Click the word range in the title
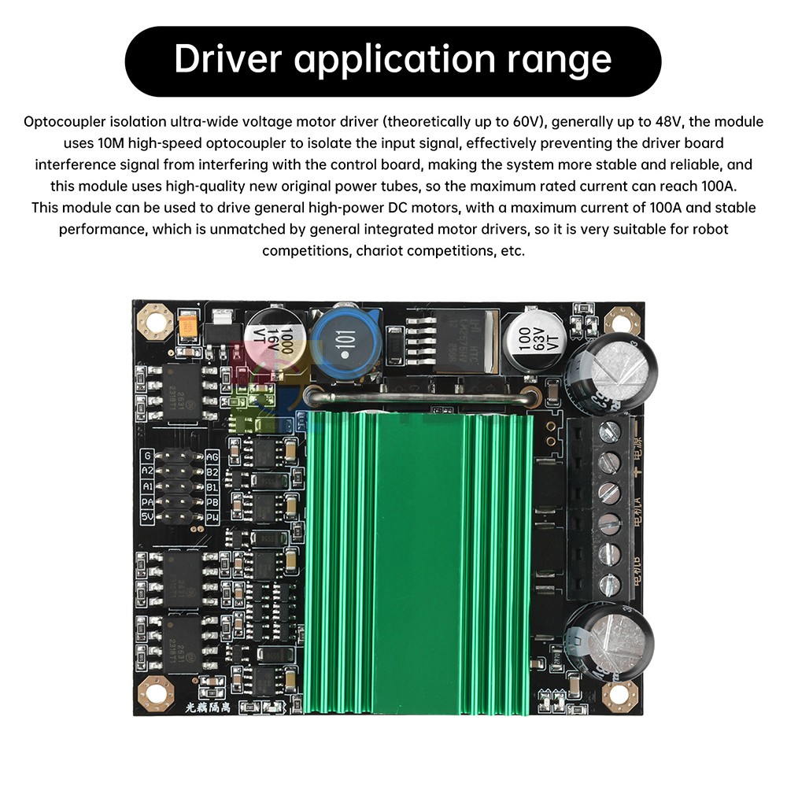[x=569, y=61]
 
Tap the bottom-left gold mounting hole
[x=154, y=694]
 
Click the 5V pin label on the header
[x=146, y=517]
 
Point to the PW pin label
[x=212, y=517]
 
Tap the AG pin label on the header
[x=212, y=456]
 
